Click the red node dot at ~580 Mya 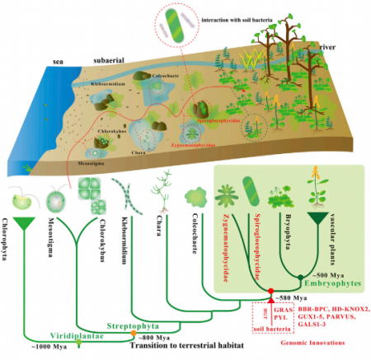point(270,291)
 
